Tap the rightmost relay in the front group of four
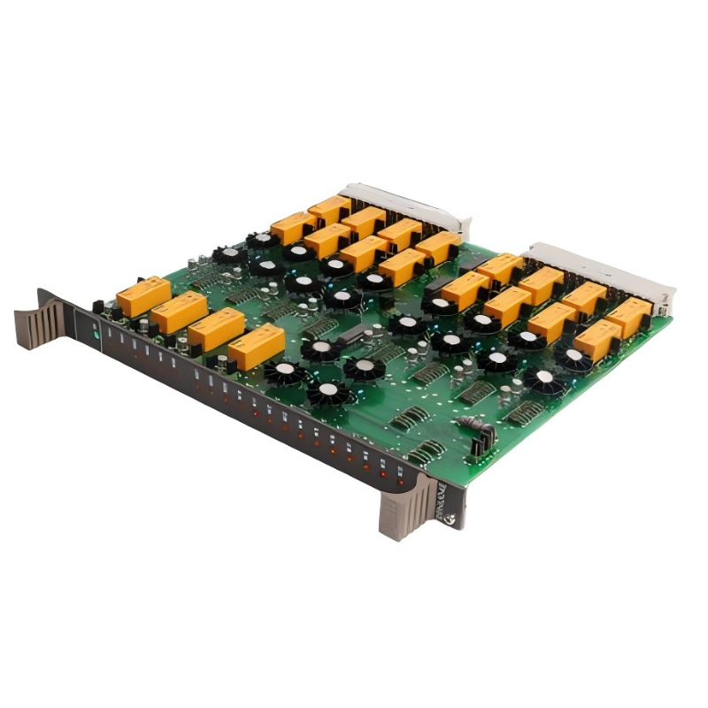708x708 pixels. [x=257, y=346]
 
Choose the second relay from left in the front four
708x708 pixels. [x=180, y=312]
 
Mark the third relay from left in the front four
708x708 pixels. [x=217, y=328]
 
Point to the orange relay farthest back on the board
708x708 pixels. [x=330, y=210]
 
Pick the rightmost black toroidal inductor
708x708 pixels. [x=574, y=358]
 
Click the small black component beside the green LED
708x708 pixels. [x=112, y=312]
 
